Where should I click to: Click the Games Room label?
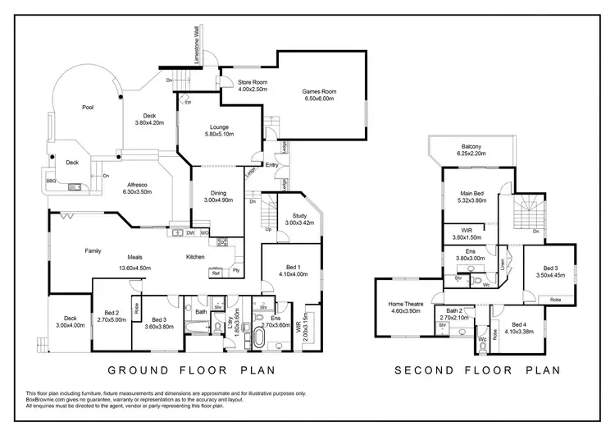click(x=319, y=91)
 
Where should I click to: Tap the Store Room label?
click(x=253, y=82)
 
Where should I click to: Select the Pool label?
click(x=88, y=108)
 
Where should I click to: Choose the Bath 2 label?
click(x=453, y=311)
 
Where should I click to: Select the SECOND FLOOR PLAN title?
click(x=478, y=369)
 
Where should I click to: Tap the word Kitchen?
click(x=194, y=257)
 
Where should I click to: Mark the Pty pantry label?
click(x=236, y=269)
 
